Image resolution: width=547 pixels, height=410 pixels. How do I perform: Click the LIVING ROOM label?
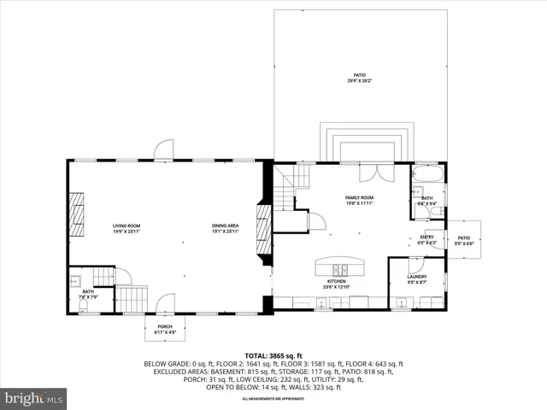126,228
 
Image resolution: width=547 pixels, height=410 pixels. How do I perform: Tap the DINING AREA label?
226,228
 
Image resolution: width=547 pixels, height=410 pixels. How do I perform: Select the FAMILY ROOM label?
359,200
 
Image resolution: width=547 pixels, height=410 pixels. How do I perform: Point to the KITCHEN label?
336,284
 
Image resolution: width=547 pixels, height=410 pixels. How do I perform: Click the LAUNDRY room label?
416,278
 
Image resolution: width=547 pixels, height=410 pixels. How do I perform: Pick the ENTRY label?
427,240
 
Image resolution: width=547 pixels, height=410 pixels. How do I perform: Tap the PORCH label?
164,329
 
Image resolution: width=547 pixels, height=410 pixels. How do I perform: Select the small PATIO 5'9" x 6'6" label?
463,240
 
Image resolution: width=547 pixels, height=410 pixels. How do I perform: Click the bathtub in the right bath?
426,174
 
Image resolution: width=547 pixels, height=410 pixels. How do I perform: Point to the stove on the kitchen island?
337,263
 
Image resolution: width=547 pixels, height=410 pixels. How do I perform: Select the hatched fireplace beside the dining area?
263,229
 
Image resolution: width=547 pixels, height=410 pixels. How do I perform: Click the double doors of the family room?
369,171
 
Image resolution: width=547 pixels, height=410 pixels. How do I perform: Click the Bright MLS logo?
34,398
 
